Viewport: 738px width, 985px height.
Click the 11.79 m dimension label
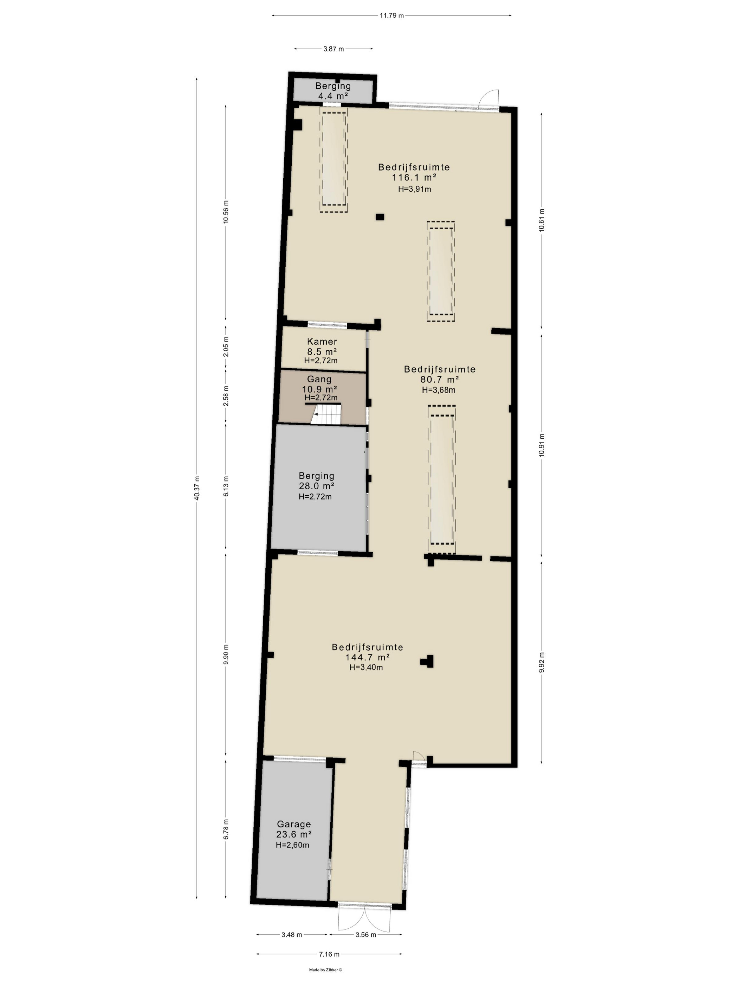point(391,15)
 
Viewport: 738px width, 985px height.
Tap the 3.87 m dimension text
point(334,49)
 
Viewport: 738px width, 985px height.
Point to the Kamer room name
point(322,342)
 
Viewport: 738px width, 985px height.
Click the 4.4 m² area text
point(333,96)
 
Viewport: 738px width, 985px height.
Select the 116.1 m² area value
point(414,177)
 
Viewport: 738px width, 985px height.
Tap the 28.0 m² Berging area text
point(316,486)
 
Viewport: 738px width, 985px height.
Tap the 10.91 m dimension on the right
point(541,445)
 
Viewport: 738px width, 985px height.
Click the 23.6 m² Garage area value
point(293,834)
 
